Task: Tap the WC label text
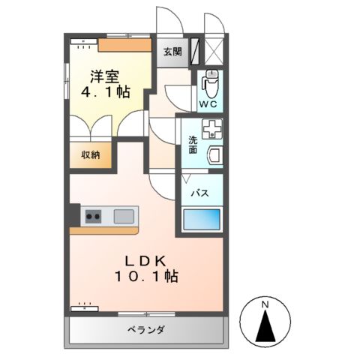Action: [208, 103]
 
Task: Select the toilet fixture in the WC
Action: [210, 79]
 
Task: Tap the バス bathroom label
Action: [199, 193]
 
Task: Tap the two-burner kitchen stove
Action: [93, 217]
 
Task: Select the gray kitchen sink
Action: [124, 217]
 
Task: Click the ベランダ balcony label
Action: [145, 331]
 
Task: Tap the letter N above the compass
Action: [264, 304]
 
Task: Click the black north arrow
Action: [264, 328]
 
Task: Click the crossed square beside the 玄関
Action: [214, 51]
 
